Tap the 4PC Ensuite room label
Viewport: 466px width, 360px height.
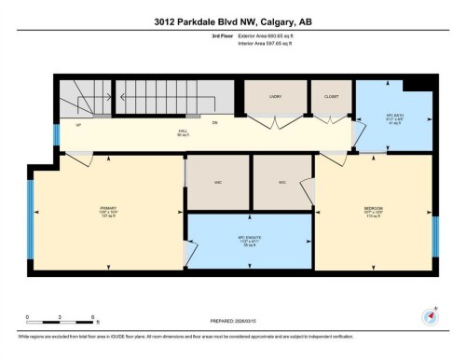(x=249, y=237)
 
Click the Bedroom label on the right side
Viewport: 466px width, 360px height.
(x=373, y=208)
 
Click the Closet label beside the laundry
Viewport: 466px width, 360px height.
(x=331, y=96)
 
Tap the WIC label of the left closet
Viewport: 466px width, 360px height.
(x=217, y=182)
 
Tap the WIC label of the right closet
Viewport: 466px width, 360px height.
(x=281, y=182)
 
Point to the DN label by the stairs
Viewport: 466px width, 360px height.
(x=213, y=122)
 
